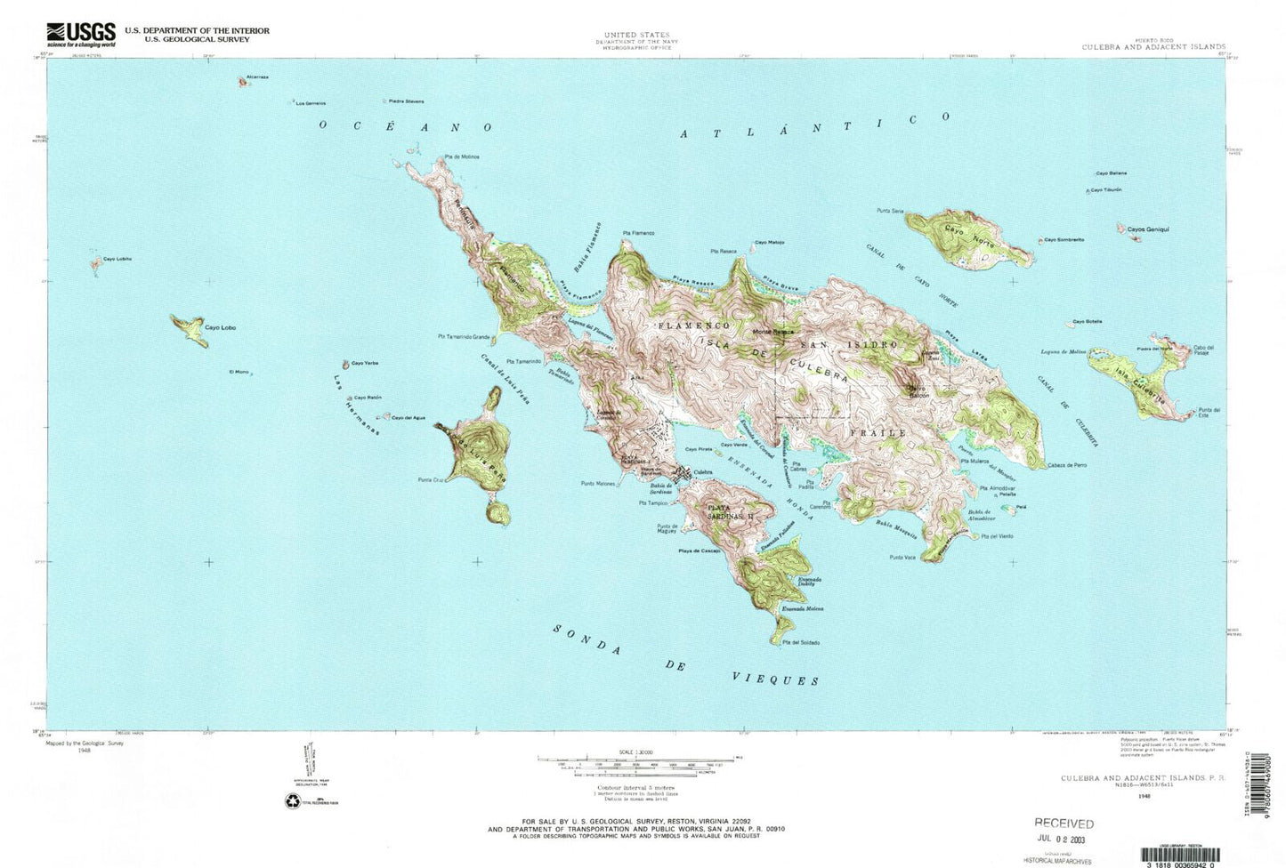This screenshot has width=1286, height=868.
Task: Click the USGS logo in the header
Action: click(81, 34)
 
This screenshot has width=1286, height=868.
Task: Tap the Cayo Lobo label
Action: click(220, 327)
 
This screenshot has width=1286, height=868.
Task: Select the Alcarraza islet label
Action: click(257, 77)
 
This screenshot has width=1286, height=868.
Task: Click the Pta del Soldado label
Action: click(801, 642)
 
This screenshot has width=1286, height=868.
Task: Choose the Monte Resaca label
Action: click(772, 332)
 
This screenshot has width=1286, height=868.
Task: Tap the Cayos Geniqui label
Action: click(1147, 229)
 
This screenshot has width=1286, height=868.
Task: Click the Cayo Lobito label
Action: click(117, 259)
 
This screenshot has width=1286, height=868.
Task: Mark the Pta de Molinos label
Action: click(462, 157)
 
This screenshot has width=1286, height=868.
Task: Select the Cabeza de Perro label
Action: click(1067, 465)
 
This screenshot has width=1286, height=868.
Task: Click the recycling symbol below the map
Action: click(293, 801)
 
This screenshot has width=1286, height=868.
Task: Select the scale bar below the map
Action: click(635, 759)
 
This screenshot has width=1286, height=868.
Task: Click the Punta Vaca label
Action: click(902, 558)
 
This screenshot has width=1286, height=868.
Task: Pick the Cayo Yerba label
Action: click(365, 363)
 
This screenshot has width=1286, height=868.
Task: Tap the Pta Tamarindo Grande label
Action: click(464, 337)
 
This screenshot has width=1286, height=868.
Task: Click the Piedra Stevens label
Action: click(406, 101)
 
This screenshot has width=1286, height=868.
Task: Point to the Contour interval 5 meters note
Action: click(636, 788)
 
